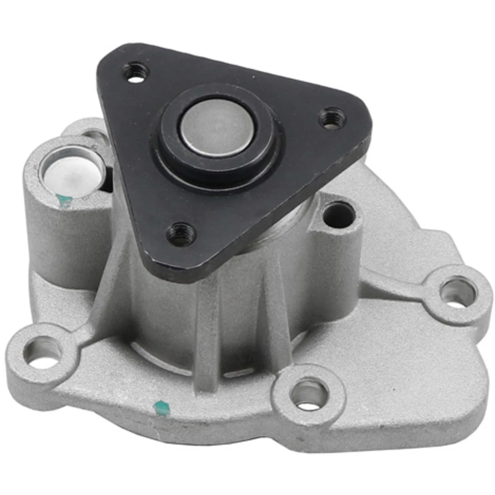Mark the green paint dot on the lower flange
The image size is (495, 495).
tap(161, 406)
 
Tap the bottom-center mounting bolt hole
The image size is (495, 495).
tap(308, 393)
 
